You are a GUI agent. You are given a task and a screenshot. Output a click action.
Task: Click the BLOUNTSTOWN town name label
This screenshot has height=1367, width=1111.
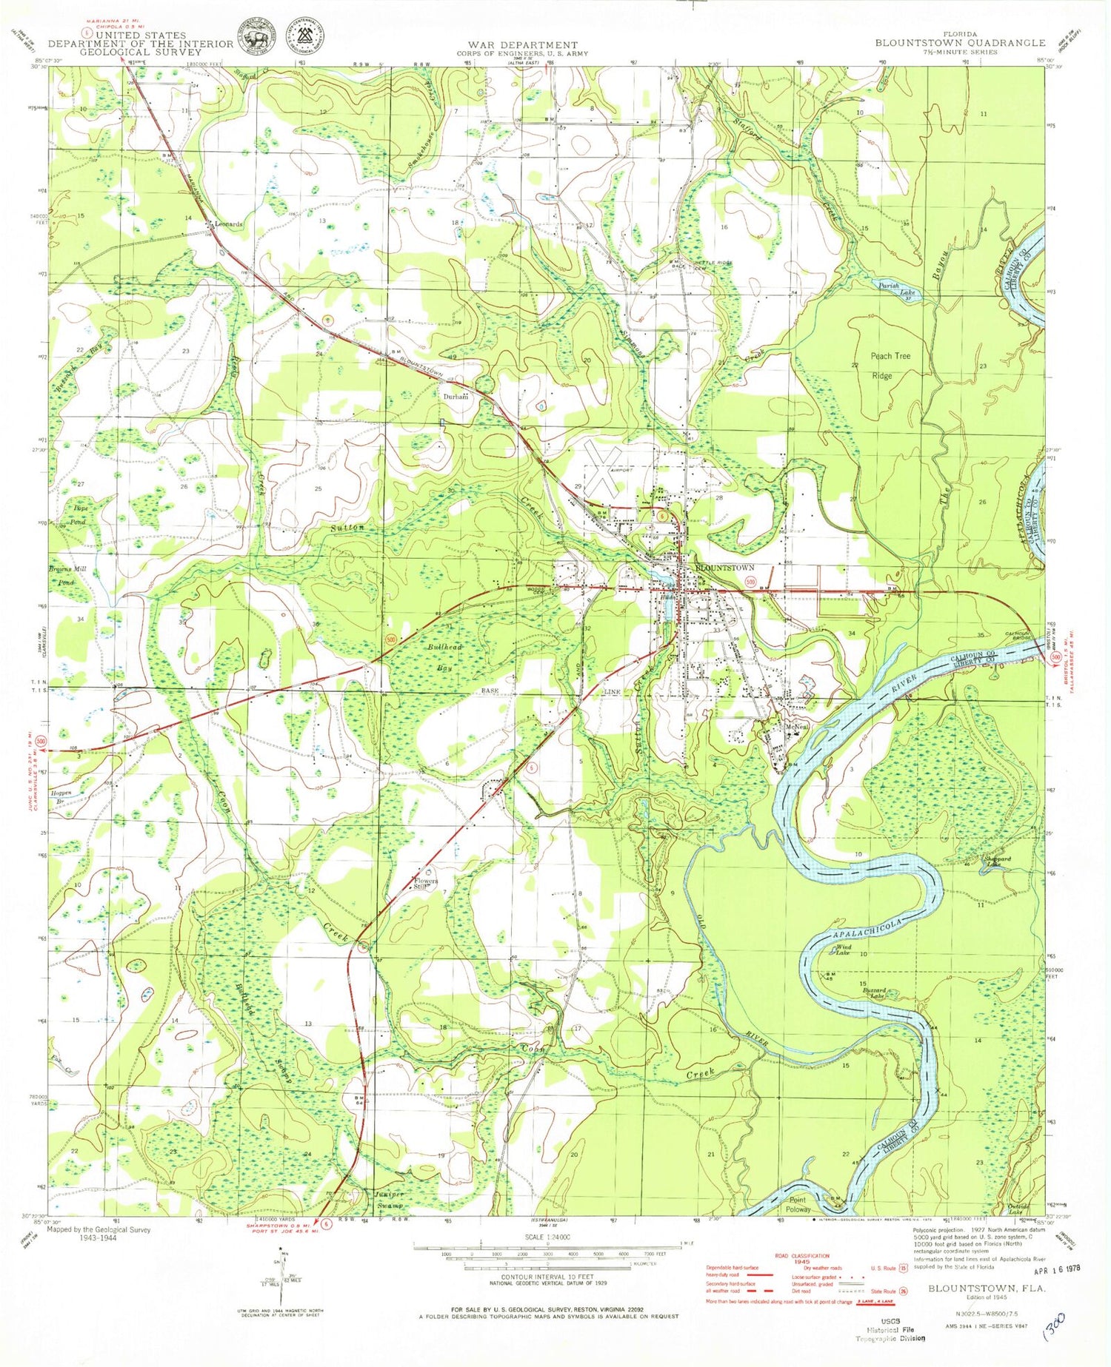click(x=724, y=568)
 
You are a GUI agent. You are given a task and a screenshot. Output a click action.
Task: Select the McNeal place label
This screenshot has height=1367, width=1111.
click(x=795, y=727)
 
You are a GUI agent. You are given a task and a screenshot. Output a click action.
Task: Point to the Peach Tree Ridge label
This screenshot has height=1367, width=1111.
click(x=891, y=366)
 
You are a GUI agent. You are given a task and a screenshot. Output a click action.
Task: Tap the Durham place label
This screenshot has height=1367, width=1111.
click(x=456, y=397)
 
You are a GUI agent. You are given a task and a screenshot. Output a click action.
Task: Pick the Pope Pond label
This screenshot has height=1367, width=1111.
click(x=79, y=516)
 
